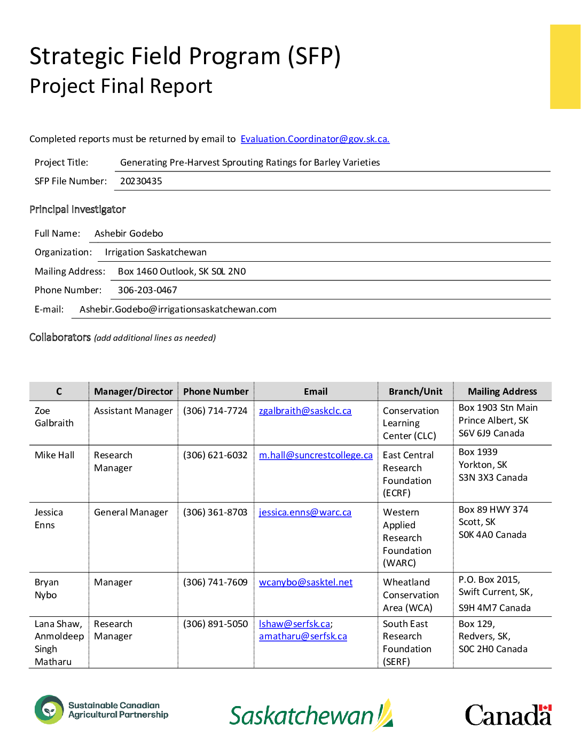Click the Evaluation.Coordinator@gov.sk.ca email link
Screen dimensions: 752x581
[315, 139]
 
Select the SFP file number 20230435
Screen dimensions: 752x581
[141, 181]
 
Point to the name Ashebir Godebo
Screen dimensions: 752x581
[129, 233]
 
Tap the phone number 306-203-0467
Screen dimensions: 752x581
[147, 290]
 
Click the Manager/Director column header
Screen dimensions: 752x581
[134, 391]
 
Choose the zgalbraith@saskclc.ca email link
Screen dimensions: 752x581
[305, 411]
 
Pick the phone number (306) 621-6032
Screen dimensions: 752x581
[215, 455]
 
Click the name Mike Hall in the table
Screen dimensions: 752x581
[54, 455]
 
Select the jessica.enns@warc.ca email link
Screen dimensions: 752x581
[305, 512]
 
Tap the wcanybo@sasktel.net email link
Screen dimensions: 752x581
[305, 582]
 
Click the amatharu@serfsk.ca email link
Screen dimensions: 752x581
[303, 636]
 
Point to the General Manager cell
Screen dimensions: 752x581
[131, 512]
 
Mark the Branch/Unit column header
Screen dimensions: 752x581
[415, 391]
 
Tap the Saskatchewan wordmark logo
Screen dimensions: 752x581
[311, 715]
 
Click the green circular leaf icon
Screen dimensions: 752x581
[49, 710]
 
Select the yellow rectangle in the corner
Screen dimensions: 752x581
[565, 67]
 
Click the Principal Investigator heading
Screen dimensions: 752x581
[77, 209]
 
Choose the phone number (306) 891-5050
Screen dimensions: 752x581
[215, 624]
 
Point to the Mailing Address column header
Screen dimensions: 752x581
[502, 391]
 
